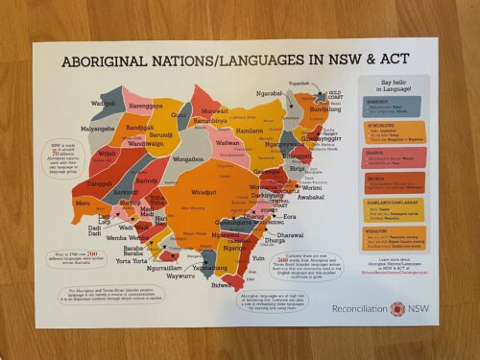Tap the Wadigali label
tap(104, 104)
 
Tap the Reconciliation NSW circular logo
tap(397, 309)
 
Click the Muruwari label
tap(214, 111)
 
